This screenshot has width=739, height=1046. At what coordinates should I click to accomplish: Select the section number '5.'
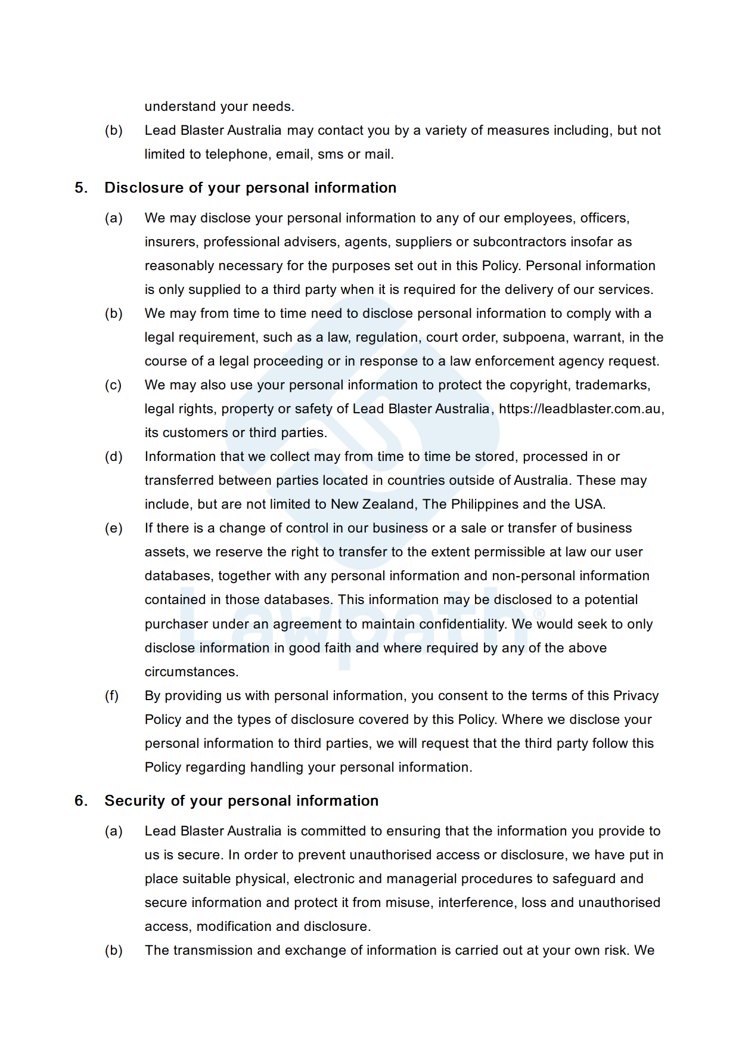[x=81, y=188]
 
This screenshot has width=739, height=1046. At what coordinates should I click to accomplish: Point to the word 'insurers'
[x=171, y=242]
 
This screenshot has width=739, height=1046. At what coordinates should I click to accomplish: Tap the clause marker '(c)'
[x=113, y=385]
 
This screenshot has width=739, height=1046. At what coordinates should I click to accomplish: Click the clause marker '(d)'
[x=113, y=457]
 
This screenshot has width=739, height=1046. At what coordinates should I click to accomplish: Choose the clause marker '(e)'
[x=113, y=528]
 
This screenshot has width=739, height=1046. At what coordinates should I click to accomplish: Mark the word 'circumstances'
[x=190, y=672]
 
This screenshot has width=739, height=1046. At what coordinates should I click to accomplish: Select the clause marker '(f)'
[x=112, y=696]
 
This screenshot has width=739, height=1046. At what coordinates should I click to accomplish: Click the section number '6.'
[x=81, y=801]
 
